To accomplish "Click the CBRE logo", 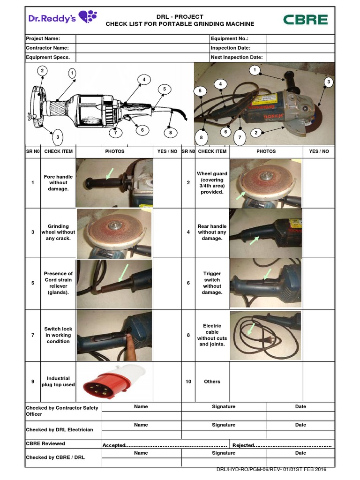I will (x=305, y=20).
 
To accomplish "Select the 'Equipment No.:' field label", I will (x=229, y=39).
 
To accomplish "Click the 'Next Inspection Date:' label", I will (x=236, y=57).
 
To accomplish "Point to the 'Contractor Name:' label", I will (x=47, y=48).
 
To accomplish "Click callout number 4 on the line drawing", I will (x=144, y=79).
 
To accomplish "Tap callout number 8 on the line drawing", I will (x=171, y=133).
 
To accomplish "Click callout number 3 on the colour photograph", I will (x=329, y=82).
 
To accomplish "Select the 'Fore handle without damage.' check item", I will (x=58, y=183).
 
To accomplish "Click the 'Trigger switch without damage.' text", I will (x=212, y=283).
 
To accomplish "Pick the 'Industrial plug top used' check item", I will (x=58, y=382).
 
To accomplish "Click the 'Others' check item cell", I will (x=212, y=382).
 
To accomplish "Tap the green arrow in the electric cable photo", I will (x=251, y=329).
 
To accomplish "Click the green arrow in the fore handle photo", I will (x=110, y=174).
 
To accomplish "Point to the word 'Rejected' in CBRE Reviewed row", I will (x=243, y=445).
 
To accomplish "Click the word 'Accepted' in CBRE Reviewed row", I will (x=114, y=445).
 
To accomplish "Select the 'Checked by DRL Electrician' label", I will (x=60, y=429).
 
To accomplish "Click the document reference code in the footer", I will (x=271, y=470).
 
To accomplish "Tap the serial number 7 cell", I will (x=32, y=335).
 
